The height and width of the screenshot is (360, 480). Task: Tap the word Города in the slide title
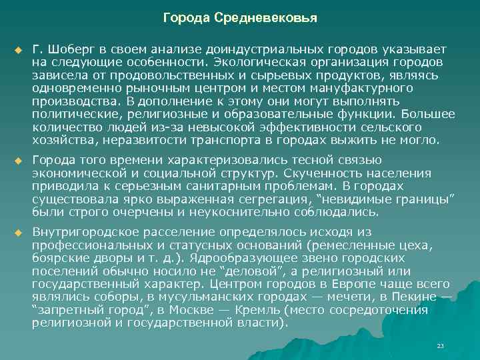tap(187, 17)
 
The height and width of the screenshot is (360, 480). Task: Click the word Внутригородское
tap(83, 231)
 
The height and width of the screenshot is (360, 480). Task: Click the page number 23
tap(439, 346)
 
